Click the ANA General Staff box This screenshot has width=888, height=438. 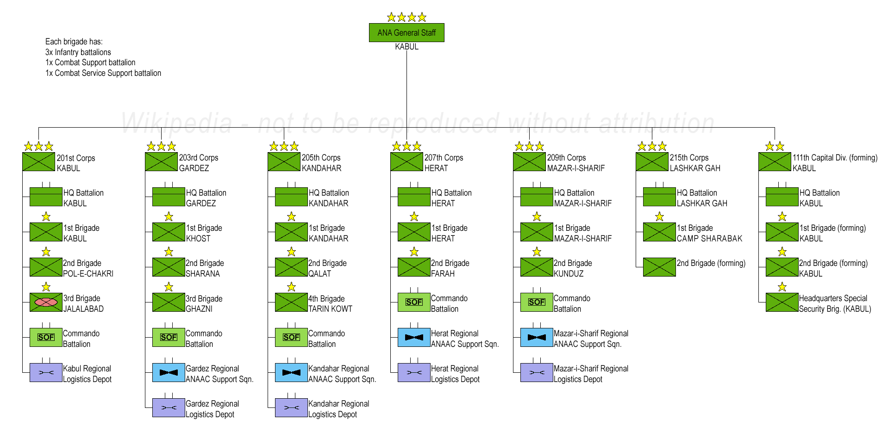pyautogui.click(x=406, y=32)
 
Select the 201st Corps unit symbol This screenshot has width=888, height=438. pyautogui.click(x=38, y=162)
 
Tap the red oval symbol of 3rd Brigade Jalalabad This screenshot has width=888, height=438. pyautogui.click(x=46, y=302)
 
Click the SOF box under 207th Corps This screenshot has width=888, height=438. pyautogui.click(x=414, y=302)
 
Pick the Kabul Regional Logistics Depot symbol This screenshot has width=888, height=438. pyautogui.click(x=46, y=372)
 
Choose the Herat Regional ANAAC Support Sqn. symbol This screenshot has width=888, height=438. pyautogui.click(x=414, y=337)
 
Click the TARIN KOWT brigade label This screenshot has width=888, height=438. pyautogui.click(x=330, y=303)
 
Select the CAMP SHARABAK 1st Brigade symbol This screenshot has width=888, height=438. pyautogui.click(x=659, y=232)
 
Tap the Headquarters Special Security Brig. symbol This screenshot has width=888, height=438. pyautogui.click(x=782, y=302)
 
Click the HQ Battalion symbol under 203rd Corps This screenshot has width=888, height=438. pyautogui.click(x=169, y=197)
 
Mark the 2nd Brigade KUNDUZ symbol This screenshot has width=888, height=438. pyautogui.click(x=537, y=267)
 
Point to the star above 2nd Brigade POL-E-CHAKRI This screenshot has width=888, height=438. pyautogui.click(x=46, y=252)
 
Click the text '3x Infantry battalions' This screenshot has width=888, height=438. pyautogui.click(x=78, y=52)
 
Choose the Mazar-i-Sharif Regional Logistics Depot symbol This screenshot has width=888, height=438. pyautogui.click(x=537, y=372)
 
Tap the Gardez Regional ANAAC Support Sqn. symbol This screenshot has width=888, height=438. pyautogui.click(x=169, y=372)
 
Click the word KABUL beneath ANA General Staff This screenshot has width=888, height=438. pyautogui.click(x=406, y=47)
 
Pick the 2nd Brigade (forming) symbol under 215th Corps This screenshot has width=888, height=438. pyautogui.click(x=659, y=267)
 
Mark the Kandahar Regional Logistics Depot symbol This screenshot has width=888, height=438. pyautogui.click(x=291, y=407)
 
